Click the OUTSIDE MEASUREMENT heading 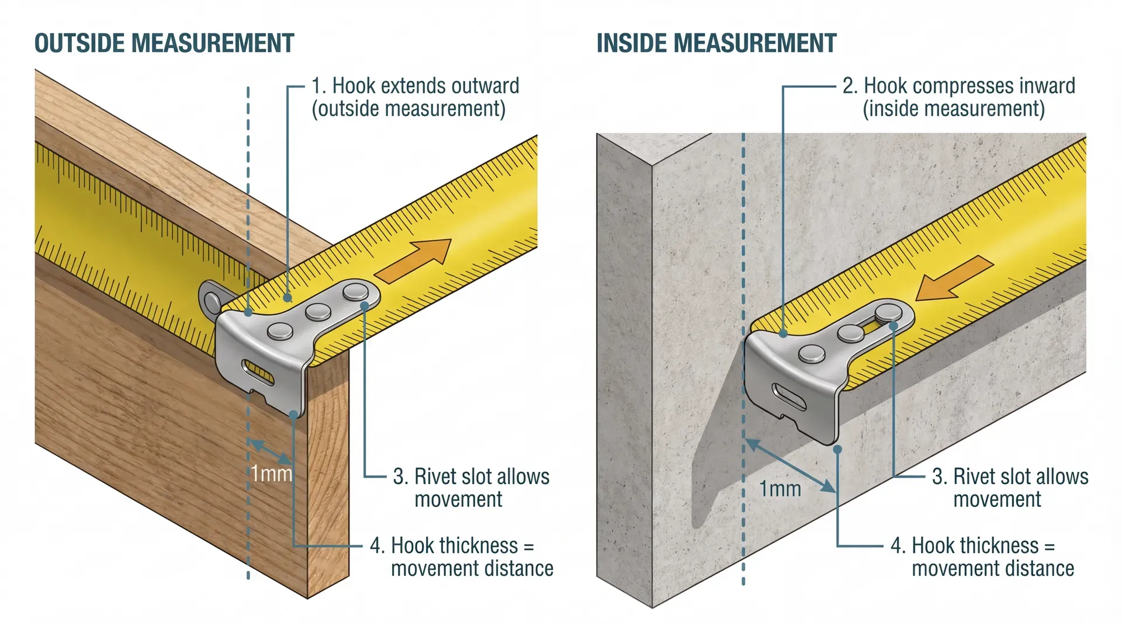pos(164,44)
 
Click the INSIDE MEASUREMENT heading pos(716,44)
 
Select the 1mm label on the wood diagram pos(272,474)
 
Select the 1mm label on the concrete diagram pos(780,489)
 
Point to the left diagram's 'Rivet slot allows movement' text pos(471,488)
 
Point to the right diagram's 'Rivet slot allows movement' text pos(1010,488)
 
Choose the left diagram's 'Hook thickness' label pos(462,557)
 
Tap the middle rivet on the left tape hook pos(317,311)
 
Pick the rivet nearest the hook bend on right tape pos(812,353)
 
